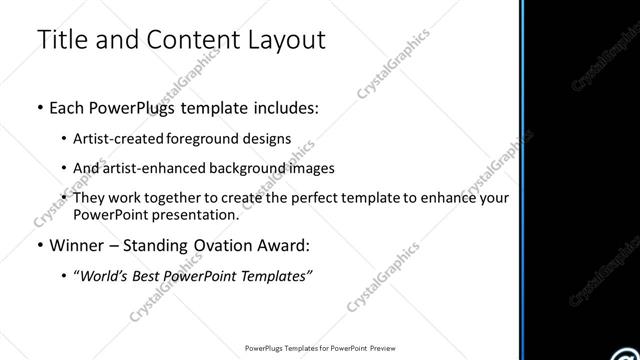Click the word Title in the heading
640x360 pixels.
(x=60, y=41)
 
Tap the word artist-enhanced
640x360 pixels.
(x=145, y=169)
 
